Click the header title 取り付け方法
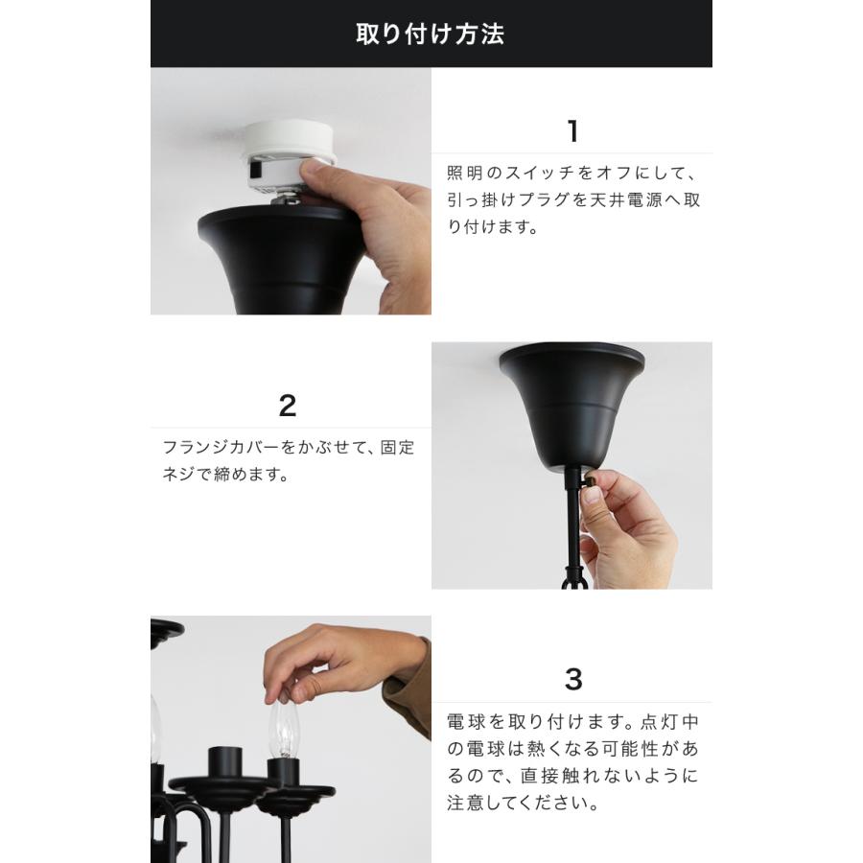tap(431, 35)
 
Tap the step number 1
tap(572, 131)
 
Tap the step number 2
tap(287, 406)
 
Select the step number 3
tap(572, 680)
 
